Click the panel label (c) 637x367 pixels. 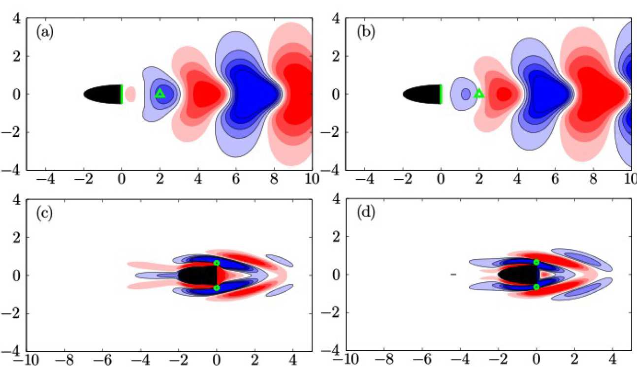click(45, 214)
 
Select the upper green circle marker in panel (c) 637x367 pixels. click(217, 263)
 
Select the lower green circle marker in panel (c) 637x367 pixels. click(217, 288)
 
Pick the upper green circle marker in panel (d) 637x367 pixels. click(536, 262)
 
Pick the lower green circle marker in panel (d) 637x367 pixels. click(536, 287)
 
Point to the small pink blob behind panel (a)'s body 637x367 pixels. click(130, 94)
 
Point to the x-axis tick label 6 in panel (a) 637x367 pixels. click(236, 178)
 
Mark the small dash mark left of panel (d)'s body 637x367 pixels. click(453, 274)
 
